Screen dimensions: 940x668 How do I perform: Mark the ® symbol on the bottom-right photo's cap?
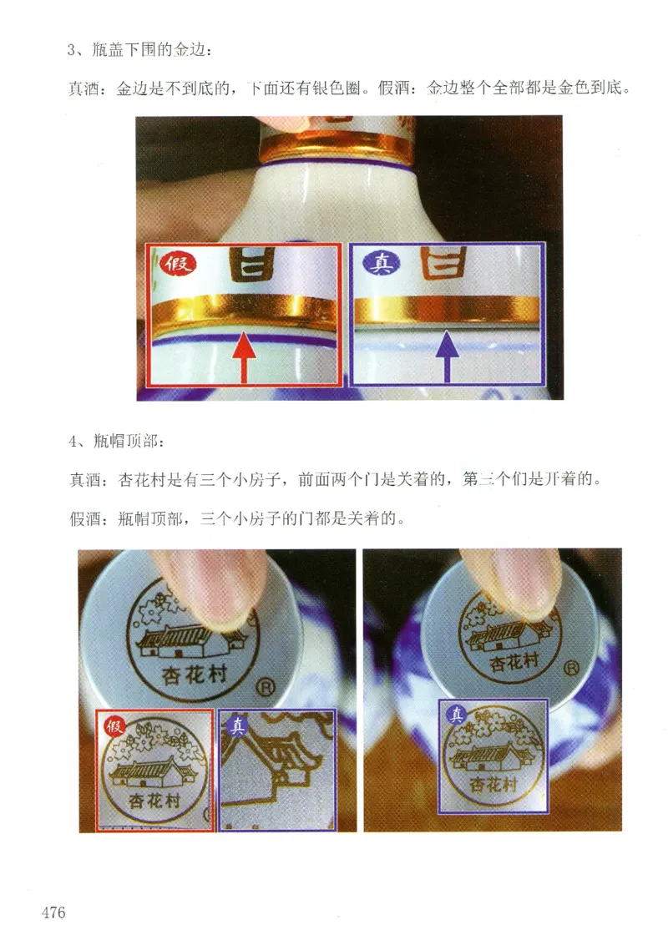573,667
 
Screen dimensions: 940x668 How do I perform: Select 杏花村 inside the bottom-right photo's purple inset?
492,785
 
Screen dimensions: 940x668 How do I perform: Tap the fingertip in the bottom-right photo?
518,584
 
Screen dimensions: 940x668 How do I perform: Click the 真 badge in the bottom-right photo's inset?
456,715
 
